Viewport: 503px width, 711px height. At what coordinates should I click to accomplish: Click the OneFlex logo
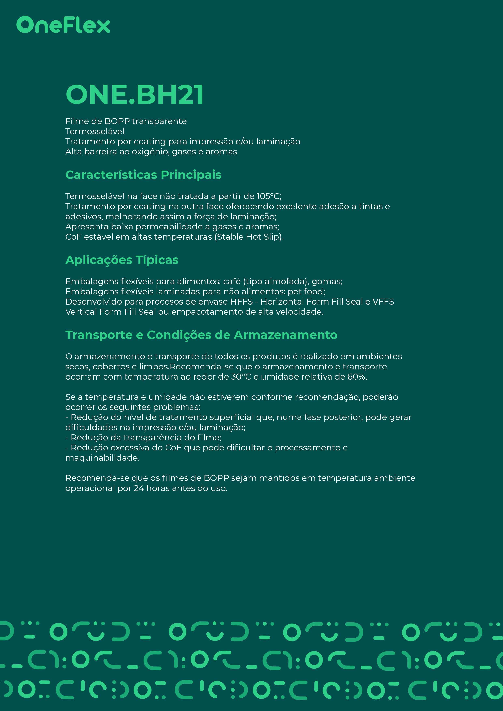(x=63, y=25)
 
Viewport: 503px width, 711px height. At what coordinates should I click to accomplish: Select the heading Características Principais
(x=143, y=175)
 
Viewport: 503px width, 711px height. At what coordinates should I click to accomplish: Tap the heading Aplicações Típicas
(x=122, y=260)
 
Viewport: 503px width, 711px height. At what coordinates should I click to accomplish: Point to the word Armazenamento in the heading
(x=285, y=335)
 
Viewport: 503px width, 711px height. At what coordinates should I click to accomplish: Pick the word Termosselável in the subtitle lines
(x=95, y=131)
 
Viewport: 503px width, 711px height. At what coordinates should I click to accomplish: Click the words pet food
(x=306, y=292)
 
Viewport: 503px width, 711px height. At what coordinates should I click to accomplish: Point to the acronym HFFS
(x=241, y=302)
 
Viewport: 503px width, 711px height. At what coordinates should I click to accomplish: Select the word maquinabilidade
(x=102, y=458)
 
